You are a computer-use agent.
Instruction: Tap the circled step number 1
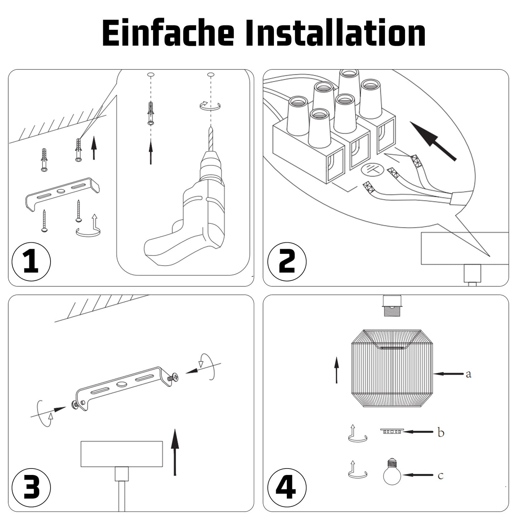point(31,262)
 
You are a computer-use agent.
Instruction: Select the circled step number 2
point(287,262)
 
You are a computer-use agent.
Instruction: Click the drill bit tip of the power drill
point(211,127)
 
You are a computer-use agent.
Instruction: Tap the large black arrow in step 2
point(433,141)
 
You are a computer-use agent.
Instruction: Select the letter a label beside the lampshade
point(469,374)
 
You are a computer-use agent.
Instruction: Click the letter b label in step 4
point(441,432)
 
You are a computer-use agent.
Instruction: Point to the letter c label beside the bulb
point(440,476)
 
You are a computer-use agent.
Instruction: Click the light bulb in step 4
point(392,475)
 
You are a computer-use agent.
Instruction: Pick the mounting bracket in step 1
point(62,194)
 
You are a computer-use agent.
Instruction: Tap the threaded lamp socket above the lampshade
point(392,306)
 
